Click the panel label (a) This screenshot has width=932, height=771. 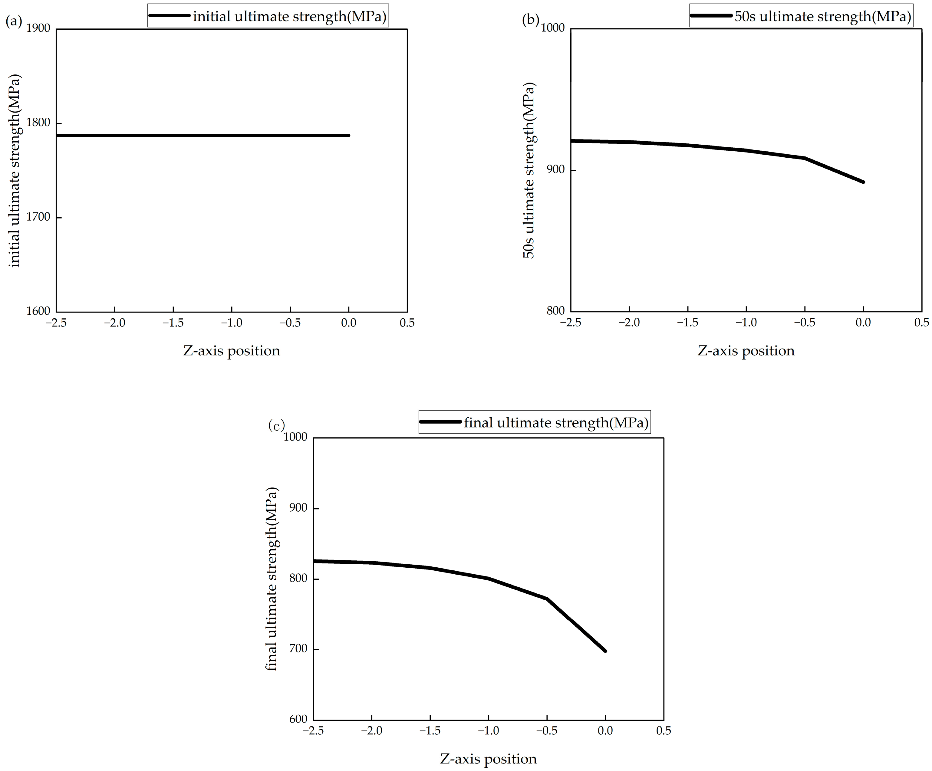pyautogui.click(x=13, y=21)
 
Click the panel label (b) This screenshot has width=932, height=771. pyautogui.click(x=530, y=20)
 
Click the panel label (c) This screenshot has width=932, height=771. pyautogui.click(x=276, y=426)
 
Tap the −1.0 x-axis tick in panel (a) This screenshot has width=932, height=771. pyautogui.click(x=231, y=323)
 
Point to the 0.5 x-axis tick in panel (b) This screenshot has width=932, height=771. pyautogui.click(x=921, y=323)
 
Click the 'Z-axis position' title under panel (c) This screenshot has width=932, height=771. pyautogui.click(x=488, y=759)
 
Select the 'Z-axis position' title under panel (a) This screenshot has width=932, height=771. pyautogui.click(x=231, y=351)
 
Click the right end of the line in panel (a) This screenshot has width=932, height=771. pyautogui.click(x=349, y=135)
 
